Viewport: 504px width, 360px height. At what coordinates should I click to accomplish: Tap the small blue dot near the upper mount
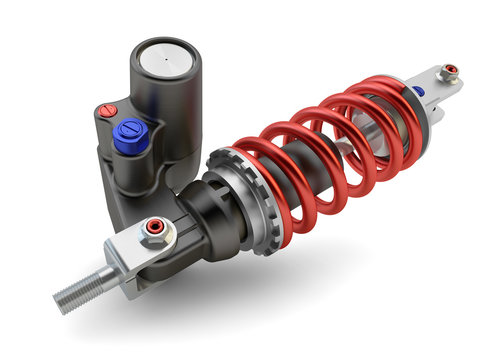pyautogui.click(x=418, y=91)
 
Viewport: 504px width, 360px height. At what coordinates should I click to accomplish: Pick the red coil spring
pyautogui.click(x=330, y=150)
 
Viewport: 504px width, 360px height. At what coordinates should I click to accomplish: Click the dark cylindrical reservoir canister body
pyautogui.click(x=166, y=110)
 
